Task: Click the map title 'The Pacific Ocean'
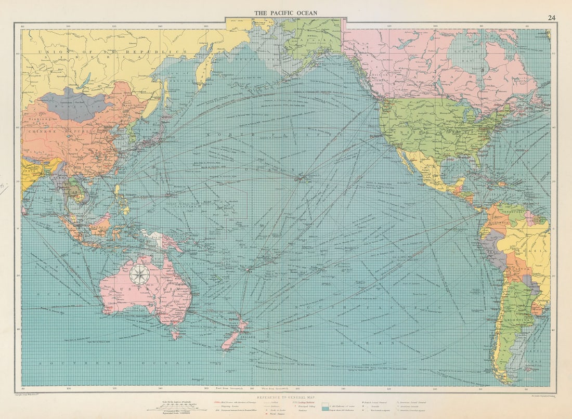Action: [285, 13]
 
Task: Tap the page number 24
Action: [551, 18]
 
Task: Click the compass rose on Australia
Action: [139, 274]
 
